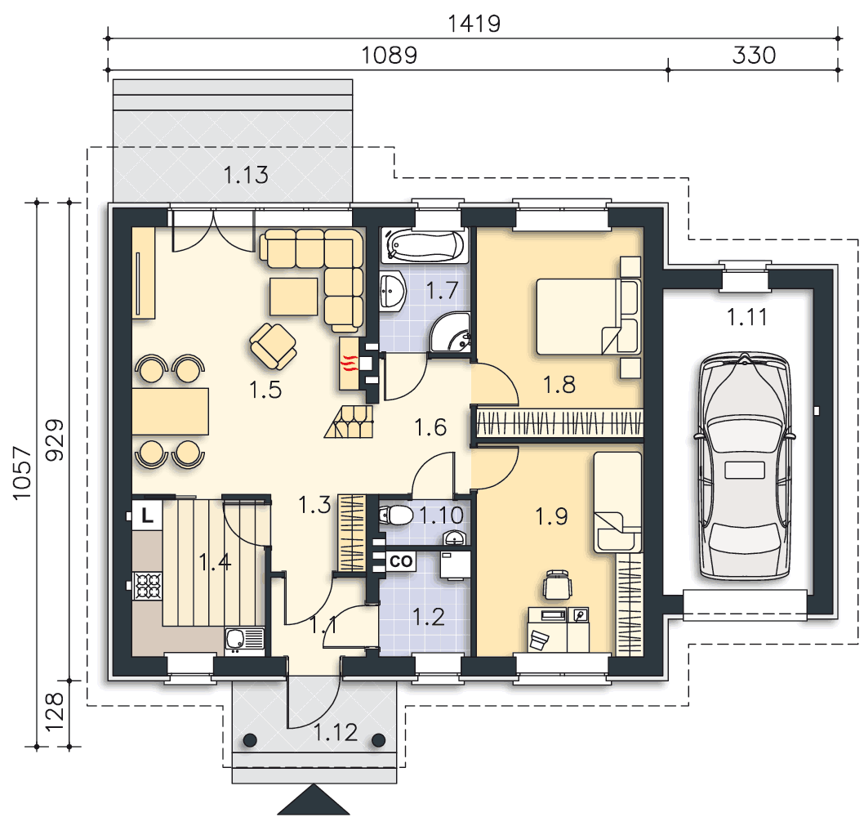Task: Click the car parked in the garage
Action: tap(745, 467)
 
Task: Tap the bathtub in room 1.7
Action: tap(425, 245)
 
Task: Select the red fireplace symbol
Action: tap(350, 364)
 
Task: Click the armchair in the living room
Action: tap(273, 346)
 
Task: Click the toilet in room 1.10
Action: tap(396, 516)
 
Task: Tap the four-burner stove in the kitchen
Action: tap(149, 586)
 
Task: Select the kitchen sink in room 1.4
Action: tap(245, 640)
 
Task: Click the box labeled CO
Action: tap(401, 561)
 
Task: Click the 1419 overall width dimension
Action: tap(474, 24)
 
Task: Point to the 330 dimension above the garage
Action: tap(754, 55)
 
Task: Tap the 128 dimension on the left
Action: tap(54, 712)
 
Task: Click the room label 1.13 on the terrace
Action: tap(246, 175)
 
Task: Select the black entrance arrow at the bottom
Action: tap(314, 800)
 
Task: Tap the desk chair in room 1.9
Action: tap(558, 585)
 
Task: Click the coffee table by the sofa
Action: tap(294, 297)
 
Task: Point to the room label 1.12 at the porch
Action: tap(335, 733)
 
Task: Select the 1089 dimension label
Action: tap(389, 55)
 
